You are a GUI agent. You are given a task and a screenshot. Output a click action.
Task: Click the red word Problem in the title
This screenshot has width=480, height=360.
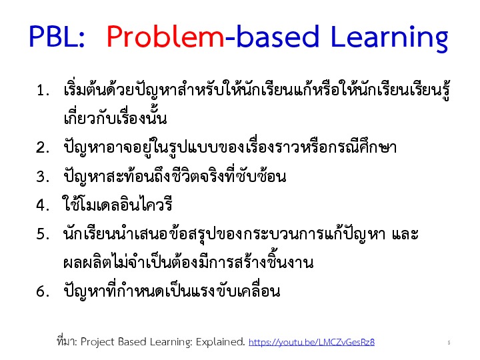click(x=165, y=37)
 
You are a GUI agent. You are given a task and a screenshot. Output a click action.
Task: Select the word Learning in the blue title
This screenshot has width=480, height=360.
click(x=390, y=38)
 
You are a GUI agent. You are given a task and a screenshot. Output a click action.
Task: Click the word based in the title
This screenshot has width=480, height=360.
click(x=278, y=37)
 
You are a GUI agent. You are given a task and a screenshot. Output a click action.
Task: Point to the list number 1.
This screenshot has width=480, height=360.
click(x=43, y=90)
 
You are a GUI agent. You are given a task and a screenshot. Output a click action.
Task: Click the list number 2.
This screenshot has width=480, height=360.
click(x=43, y=147)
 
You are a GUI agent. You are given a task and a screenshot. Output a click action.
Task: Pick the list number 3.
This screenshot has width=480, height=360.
click(x=43, y=176)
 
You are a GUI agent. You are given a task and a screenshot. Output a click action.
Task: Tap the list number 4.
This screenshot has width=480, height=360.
click(x=43, y=205)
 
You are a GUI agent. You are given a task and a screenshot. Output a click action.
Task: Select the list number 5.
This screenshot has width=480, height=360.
click(x=43, y=234)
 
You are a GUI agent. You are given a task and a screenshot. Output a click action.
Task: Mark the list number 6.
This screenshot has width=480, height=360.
click(x=43, y=291)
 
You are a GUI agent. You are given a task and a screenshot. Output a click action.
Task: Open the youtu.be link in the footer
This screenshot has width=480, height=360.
click(x=311, y=342)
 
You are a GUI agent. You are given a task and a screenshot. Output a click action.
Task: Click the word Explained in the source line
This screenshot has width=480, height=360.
click(x=221, y=341)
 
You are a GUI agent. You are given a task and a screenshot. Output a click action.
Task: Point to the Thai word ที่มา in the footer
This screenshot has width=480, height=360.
click(x=67, y=341)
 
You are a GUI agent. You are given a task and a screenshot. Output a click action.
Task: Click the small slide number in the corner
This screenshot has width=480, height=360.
click(x=449, y=343)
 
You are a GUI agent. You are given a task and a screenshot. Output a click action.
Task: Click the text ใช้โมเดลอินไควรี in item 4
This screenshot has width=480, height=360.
click(x=117, y=204)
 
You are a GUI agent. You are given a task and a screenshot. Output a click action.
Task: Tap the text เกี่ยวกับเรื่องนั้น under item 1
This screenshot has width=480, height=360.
click(x=115, y=117)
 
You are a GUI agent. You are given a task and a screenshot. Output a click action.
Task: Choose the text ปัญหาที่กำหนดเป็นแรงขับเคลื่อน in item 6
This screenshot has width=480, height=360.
click(x=172, y=290)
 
